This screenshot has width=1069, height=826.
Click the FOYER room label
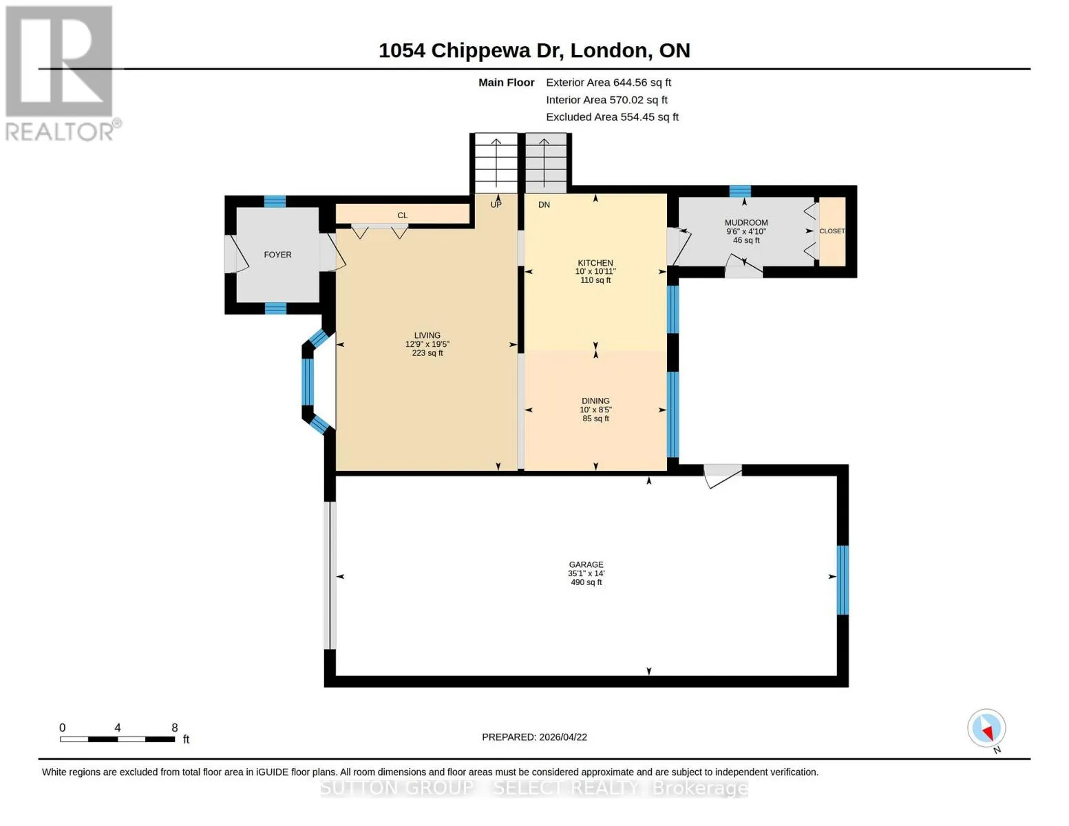coord(277,255)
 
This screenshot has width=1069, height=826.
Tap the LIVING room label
coord(427,335)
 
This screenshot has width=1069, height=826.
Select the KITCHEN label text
coord(595,263)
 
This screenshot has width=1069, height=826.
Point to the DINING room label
coord(595,401)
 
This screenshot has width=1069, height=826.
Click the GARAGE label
coord(586,564)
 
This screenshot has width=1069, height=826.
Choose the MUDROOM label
coord(745,223)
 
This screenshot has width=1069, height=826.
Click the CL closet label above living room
coord(403,215)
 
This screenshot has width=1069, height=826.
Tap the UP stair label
coord(496,204)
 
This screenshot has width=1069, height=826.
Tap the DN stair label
coord(544,204)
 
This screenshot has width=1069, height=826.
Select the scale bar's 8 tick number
coord(175,728)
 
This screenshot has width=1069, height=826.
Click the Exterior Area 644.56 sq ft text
coord(608,83)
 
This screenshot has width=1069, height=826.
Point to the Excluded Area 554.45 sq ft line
coord(612,117)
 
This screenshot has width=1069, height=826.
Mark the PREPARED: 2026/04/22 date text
coord(534,737)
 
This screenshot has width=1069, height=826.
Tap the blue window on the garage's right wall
coord(843,580)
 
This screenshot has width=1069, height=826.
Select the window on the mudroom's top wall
coord(740,191)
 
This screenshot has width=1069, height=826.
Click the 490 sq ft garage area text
coord(586,582)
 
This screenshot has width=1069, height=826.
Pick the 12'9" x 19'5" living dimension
coord(427,344)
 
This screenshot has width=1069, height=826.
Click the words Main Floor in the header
coord(506,83)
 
